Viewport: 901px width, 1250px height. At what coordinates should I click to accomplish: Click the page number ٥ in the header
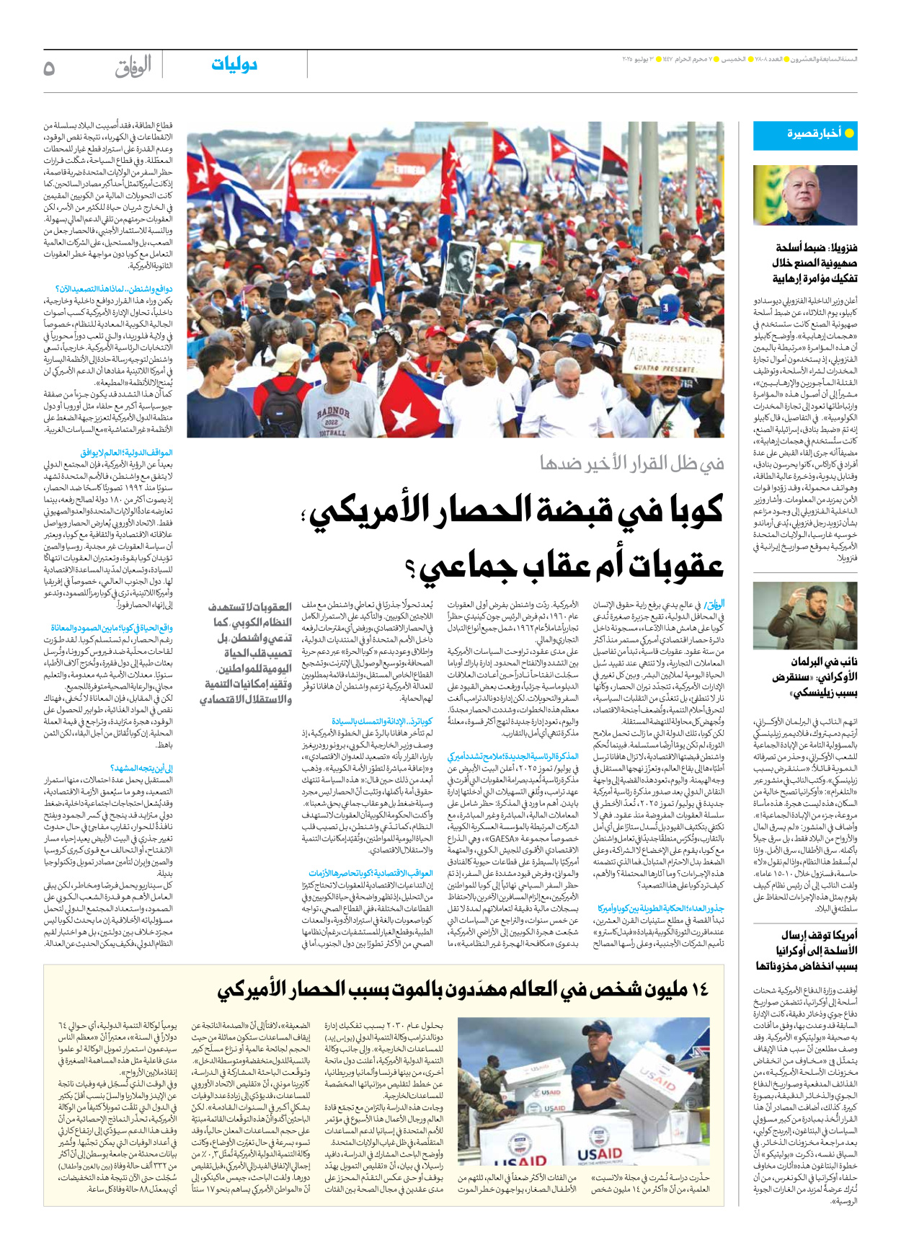(49, 68)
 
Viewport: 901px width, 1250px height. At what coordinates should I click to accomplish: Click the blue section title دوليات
(234, 65)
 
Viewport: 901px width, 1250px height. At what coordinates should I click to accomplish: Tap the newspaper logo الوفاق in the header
(133, 67)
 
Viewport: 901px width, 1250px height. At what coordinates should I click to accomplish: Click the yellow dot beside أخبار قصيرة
(849, 133)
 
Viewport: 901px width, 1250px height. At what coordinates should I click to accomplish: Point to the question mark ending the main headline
(412, 569)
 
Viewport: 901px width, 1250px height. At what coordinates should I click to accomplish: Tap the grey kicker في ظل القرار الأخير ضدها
(631, 464)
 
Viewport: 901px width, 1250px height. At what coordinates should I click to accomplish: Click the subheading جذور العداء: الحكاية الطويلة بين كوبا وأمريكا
(660, 908)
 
